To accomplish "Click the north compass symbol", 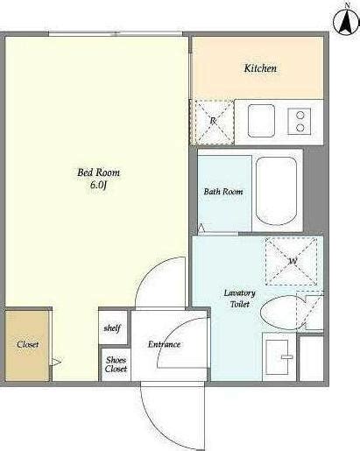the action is [x=347, y=21].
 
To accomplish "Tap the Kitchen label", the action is [x=260, y=68].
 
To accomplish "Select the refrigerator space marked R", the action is [x=215, y=122].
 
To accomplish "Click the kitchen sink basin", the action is [x=261, y=121].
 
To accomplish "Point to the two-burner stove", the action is [x=299, y=122].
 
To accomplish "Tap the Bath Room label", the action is [x=223, y=192].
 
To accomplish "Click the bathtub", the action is [x=276, y=191].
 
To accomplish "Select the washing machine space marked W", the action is [x=291, y=261].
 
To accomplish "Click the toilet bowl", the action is [x=279, y=313].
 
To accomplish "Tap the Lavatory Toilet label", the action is [x=239, y=299].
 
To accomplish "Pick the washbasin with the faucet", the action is [x=279, y=357].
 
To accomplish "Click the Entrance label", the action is [x=164, y=344].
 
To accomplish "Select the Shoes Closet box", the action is [x=116, y=364].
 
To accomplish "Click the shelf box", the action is [x=113, y=328].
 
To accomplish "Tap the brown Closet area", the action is [x=27, y=346].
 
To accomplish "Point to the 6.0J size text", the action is [x=97, y=185].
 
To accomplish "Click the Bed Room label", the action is [x=98, y=173].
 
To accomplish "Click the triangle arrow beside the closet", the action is [x=55, y=363].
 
